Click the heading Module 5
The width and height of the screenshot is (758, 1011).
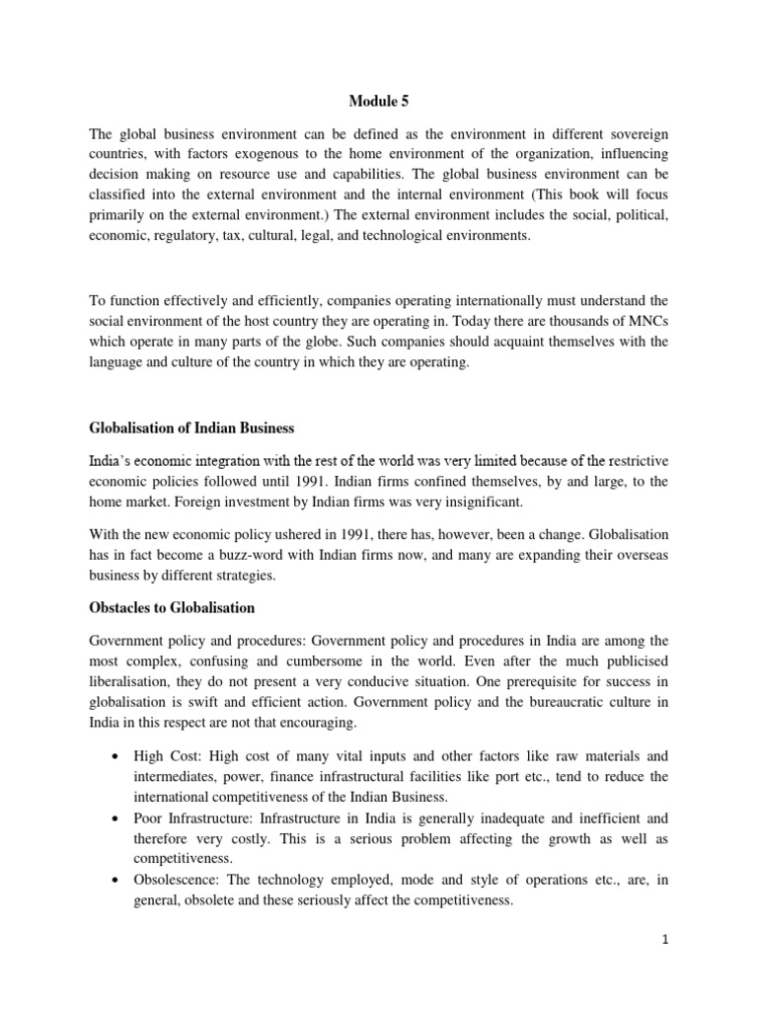point(379,101)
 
